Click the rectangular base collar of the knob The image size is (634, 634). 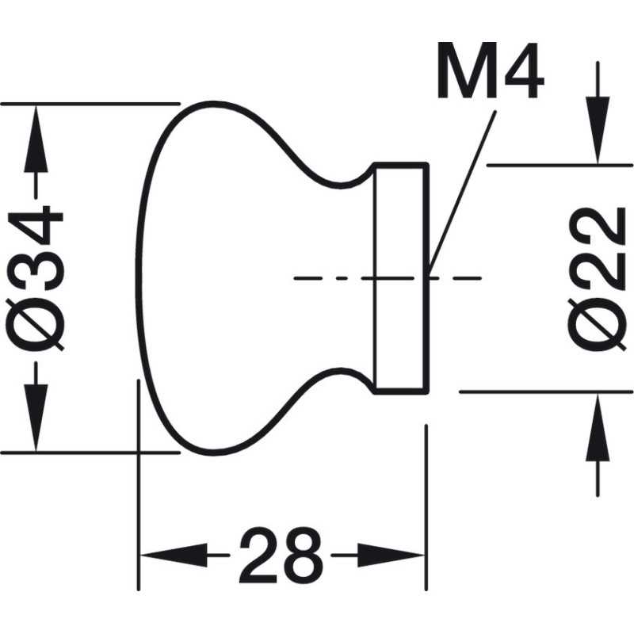coord(400,277)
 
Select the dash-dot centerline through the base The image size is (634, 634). coord(333,278)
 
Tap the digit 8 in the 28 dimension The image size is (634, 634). coord(303,555)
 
